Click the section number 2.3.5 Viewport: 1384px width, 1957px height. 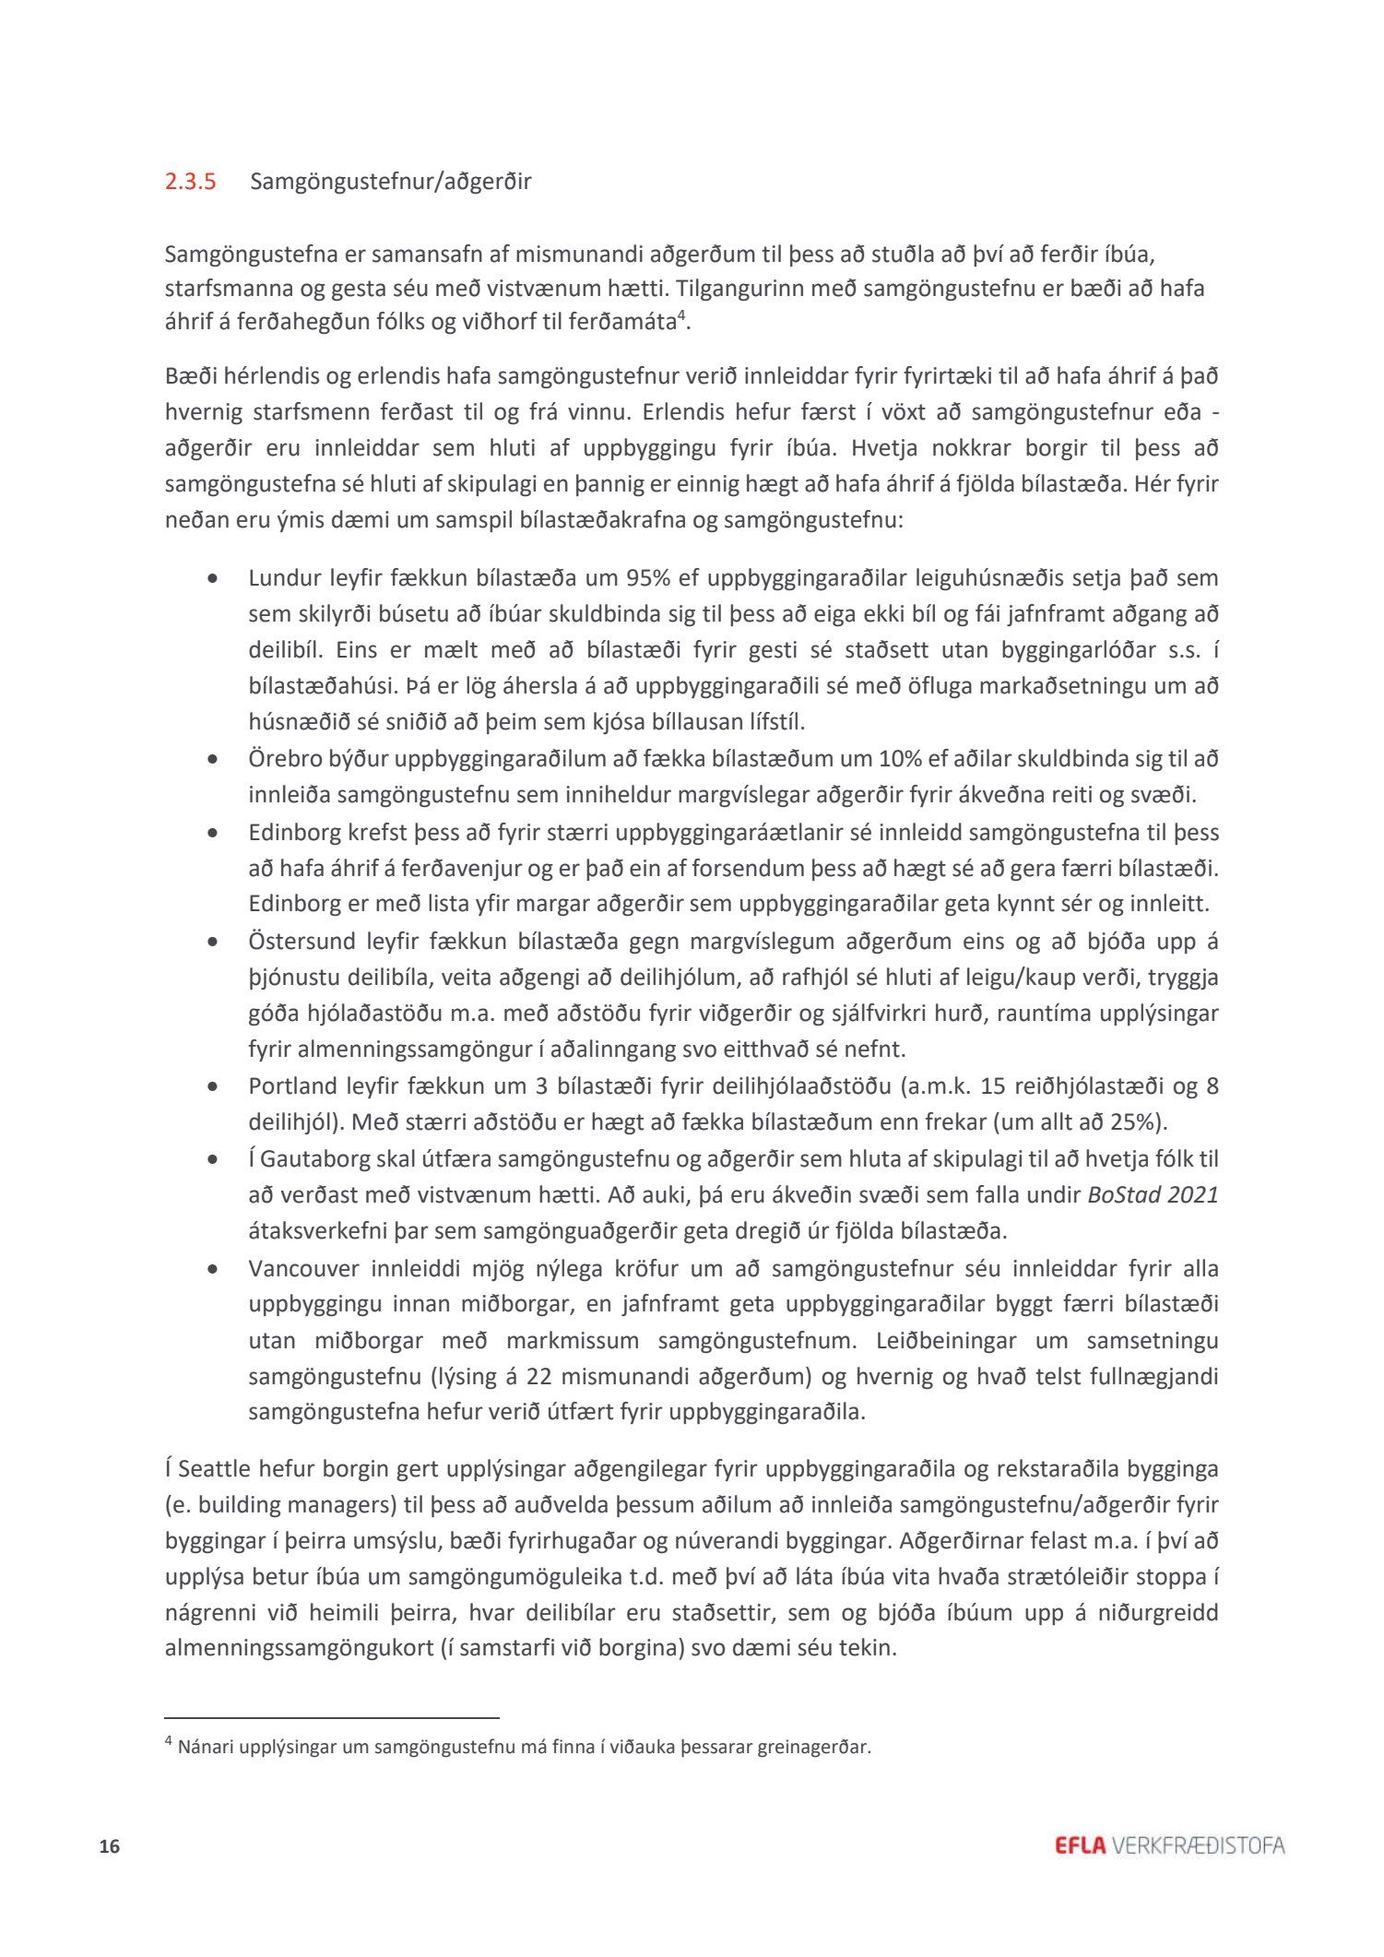point(190,182)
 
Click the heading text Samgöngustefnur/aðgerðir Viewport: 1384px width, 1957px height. point(390,182)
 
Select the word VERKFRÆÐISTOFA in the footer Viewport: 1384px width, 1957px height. point(1199,1845)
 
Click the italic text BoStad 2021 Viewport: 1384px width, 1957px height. point(1153,1195)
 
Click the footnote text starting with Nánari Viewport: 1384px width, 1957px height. point(524,1747)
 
